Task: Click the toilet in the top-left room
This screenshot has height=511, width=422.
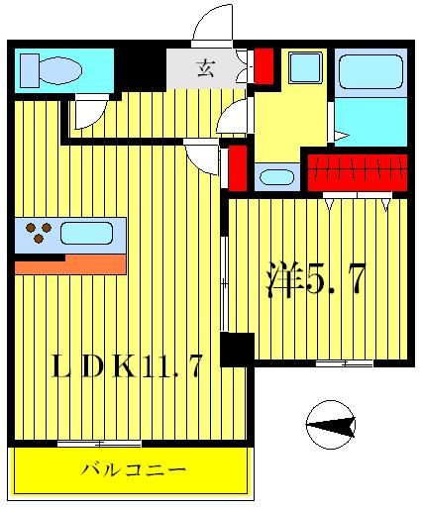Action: click(x=53, y=69)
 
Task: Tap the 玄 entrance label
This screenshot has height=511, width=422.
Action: click(x=207, y=68)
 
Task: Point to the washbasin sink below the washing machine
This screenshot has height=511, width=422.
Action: click(x=276, y=178)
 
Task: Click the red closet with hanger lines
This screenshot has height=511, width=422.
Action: click(x=356, y=171)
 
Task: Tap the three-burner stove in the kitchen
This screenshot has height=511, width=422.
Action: click(x=38, y=234)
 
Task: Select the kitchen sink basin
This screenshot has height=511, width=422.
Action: click(x=86, y=234)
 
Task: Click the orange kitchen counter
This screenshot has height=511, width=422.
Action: click(x=69, y=264)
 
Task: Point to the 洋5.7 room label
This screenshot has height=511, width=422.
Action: click(x=314, y=280)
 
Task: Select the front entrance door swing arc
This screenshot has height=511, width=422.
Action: click(x=213, y=25)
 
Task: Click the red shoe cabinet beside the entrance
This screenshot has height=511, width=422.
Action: click(x=264, y=64)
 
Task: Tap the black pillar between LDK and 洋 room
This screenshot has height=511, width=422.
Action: click(x=237, y=349)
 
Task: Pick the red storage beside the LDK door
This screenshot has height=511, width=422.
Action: click(x=238, y=167)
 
